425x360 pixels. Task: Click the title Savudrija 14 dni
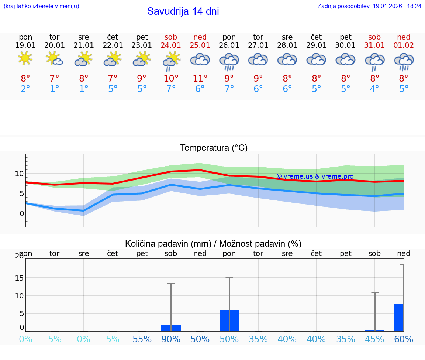[x=183, y=11]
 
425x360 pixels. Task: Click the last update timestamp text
[x=369, y=6]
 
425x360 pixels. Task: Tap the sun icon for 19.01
[x=25, y=59]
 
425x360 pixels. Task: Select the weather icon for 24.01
[x=171, y=60]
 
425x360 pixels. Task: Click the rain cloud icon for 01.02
[x=404, y=61]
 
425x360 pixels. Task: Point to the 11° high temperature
[x=200, y=79]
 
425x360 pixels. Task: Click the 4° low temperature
[x=374, y=89]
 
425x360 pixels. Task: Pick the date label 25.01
[x=200, y=45]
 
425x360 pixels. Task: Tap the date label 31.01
[x=374, y=45]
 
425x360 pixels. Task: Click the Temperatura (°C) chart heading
[x=214, y=148]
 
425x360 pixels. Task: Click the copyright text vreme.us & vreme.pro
[x=315, y=176]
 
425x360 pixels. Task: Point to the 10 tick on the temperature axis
[x=19, y=174]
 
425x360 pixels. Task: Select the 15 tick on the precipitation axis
[x=19, y=278]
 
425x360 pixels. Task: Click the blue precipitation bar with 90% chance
[x=171, y=328]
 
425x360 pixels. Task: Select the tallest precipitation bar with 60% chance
[x=399, y=317]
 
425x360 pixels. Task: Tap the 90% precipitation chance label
[x=171, y=339]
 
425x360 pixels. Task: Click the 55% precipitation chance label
[x=142, y=339]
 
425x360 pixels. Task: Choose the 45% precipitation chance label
[x=374, y=339]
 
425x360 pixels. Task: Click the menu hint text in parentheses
[x=41, y=6]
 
